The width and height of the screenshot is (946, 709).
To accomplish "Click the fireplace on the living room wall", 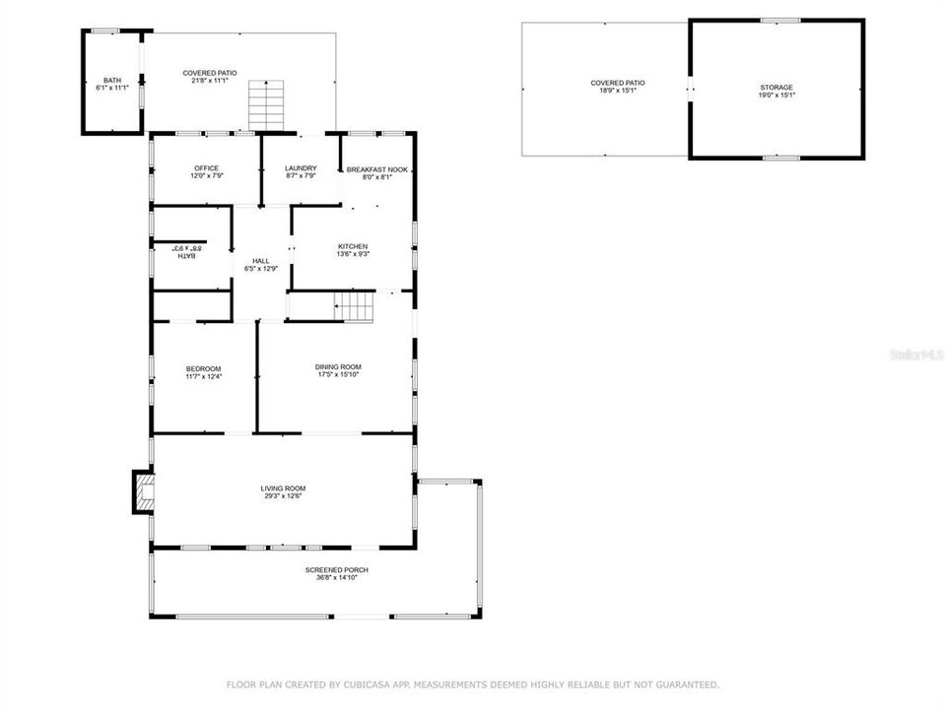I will click(144, 493).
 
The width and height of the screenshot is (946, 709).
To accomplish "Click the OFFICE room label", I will click(206, 168).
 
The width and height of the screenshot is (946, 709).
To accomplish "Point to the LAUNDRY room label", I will click(301, 168).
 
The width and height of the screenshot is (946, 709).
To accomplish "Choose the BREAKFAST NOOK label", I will click(376, 169).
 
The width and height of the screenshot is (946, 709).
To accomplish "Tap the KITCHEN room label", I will click(353, 246).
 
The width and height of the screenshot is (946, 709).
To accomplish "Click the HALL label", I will click(260, 261).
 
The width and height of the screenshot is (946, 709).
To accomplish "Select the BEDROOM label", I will click(203, 368).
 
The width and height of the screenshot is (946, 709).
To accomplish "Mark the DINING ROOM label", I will click(338, 366).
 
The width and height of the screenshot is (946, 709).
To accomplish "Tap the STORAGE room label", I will click(776, 88).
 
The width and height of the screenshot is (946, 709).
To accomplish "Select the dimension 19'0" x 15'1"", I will click(776, 96).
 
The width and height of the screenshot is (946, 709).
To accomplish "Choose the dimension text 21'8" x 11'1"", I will click(210, 81).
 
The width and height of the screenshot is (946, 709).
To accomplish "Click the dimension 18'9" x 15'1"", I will click(618, 91).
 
